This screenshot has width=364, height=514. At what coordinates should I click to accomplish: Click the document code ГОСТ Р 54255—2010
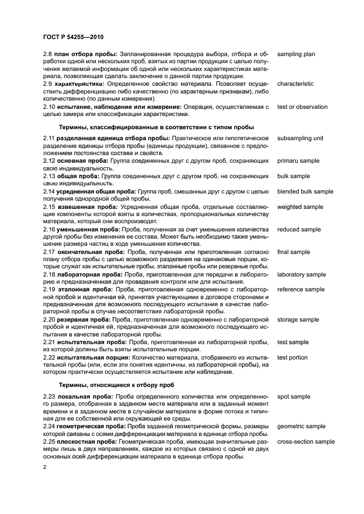pos(74,37)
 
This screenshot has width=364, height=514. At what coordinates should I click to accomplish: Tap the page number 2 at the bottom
pos(45,467)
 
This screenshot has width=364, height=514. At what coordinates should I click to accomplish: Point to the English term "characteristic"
pos(295,84)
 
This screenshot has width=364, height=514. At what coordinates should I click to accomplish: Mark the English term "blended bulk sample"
pos(305,191)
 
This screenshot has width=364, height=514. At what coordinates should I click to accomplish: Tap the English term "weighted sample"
pos(300,207)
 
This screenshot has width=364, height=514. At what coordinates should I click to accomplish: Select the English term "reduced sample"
pos(298,229)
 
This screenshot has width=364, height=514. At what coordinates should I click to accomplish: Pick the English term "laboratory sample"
pos(301,274)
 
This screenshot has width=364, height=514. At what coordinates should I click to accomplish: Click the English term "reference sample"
pos(301,289)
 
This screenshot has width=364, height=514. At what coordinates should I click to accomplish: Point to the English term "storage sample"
pos(298,319)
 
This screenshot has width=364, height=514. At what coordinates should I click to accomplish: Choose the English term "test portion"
pos(292,357)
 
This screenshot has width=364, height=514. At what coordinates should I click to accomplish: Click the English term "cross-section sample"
pos(306,441)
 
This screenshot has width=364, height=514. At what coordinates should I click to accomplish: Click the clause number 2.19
pos(50,289)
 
